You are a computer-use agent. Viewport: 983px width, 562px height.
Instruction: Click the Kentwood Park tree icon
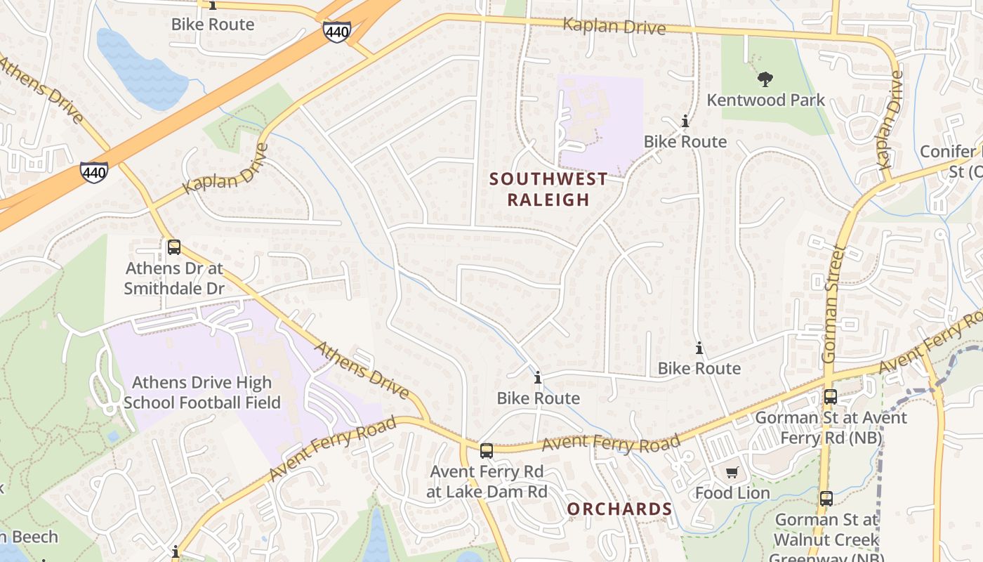(765, 79)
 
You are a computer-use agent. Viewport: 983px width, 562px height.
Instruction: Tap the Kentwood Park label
(765, 100)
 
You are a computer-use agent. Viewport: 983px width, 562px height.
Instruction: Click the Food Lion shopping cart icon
(732, 473)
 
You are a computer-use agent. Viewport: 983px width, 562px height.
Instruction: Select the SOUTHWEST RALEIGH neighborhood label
(548, 189)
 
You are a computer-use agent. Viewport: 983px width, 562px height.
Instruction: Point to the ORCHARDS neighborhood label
(619, 509)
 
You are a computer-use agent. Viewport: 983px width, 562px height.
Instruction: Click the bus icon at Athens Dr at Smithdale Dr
(173, 247)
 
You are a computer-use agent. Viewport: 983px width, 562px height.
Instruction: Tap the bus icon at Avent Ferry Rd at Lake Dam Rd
(486, 451)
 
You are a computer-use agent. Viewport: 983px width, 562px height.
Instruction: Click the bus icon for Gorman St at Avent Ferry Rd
(830, 397)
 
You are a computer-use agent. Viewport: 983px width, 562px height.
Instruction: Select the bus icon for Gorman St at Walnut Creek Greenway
(826, 499)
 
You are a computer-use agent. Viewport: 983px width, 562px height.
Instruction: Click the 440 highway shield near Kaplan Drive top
(336, 31)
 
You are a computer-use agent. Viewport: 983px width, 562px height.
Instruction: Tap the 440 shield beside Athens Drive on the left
(93, 172)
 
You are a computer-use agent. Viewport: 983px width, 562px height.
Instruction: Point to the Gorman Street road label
(835, 304)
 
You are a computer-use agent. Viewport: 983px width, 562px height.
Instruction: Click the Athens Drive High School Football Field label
(202, 393)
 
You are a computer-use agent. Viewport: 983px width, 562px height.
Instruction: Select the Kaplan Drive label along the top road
(614, 26)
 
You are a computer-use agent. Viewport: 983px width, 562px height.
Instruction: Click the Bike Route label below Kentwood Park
(685, 142)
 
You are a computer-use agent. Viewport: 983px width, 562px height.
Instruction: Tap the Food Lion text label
(732, 493)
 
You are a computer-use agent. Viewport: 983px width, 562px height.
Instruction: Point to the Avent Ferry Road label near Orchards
(611, 443)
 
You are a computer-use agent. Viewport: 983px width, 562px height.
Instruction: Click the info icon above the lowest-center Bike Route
(538, 378)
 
